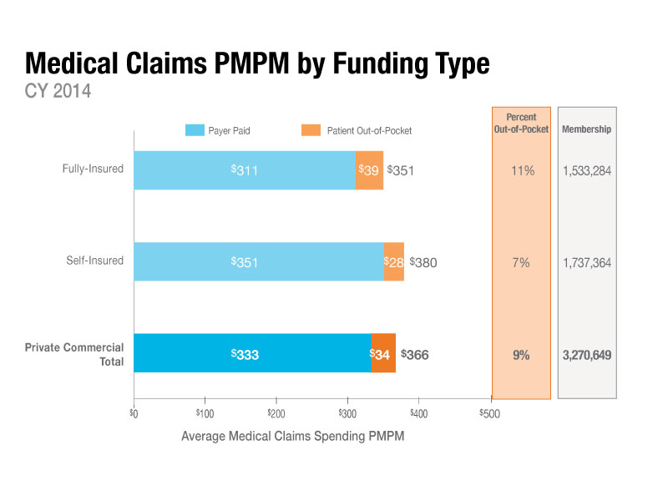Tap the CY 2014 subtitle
pos(58,91)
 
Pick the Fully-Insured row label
pos(93,169)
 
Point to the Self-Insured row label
pos(95,261)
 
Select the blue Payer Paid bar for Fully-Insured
pos(244,170)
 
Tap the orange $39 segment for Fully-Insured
pos(369,170)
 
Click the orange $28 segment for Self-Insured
pos(393,262)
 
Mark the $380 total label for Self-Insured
pos(423,262)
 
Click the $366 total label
pos(415,354)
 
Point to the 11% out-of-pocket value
pos(521,170)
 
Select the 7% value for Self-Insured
pos(521,262)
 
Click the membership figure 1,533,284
pos(586,170)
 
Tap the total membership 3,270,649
pos(586,355)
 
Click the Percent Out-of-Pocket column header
pos(521,124)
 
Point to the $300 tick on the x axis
pos(347,412)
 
